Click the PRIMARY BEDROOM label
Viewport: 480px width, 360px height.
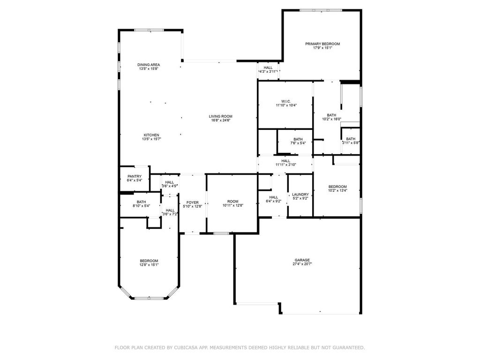click(x=322, y=44)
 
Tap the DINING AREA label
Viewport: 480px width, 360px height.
click(x=149, y=65)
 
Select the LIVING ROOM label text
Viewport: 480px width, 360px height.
click(x=220, y=116)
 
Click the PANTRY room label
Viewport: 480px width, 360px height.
click(x=135, y=176)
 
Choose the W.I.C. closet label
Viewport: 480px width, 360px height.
click(x=286, y=101)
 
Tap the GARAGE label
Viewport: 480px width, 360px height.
click(x=302, y=260)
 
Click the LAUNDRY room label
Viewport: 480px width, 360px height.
click(x=300, y=195)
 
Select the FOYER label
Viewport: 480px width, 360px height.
click(x=193, y=202)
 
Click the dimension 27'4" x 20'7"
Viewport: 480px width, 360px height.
click(x=302, y=264)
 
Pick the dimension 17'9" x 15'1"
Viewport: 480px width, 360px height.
click(x=322, y=48)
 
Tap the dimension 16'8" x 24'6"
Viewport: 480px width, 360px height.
click(x=220, y=120)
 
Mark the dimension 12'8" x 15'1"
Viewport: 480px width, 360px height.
click(x=149, y=265)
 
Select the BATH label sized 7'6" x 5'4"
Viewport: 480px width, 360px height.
click(x=298, y=139)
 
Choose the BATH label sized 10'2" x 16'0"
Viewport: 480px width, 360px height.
click(x=331, y=115)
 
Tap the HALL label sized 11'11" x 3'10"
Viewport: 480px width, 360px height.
click(x=285, y=161)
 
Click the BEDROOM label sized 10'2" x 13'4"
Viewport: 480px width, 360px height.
click(x=337, y=187)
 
